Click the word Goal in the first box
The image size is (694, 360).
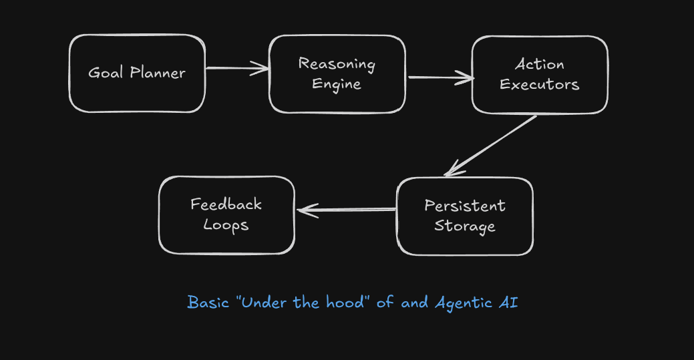click(x=106, y=73)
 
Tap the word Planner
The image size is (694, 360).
click(x=158, y=73)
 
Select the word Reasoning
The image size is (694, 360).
click(x=337, y=64)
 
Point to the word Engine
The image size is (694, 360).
click(x=337, y=84)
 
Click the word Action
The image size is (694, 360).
click(x=540, y=65)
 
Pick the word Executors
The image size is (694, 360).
click(x=540, y=84)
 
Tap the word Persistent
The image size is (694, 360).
click(x=465, y=206)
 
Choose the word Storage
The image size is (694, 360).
click(x=465, y=226)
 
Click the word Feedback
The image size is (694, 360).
click(x=226, y=204)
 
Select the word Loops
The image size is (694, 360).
click(x=226, y=224)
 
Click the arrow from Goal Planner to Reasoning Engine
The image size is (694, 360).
click(x=237, y=68)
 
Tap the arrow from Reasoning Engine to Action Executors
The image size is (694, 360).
click(x=441, y=78)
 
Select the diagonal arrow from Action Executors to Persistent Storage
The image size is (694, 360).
click(x=490, y=146)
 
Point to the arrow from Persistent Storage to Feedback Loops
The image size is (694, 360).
click(x=347, y=210)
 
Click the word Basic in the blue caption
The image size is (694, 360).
click(x=208, y=303)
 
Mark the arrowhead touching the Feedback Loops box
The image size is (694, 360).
click(x=307, y=210)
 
